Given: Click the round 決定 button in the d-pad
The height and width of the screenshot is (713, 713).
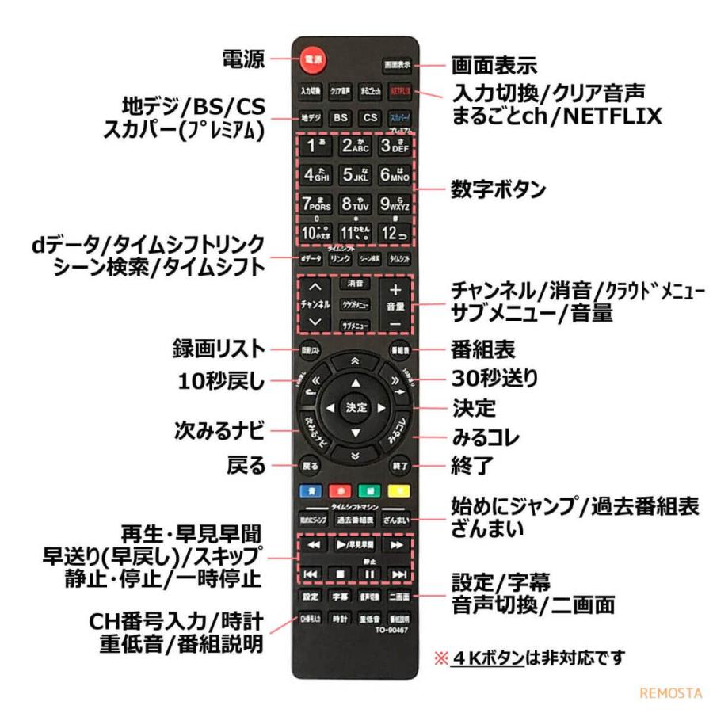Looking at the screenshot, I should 356,407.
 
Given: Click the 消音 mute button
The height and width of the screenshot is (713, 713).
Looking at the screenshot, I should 356,283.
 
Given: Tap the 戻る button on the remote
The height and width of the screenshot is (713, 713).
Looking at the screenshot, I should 310,467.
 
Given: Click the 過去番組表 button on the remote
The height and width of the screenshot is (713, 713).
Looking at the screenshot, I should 356,520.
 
